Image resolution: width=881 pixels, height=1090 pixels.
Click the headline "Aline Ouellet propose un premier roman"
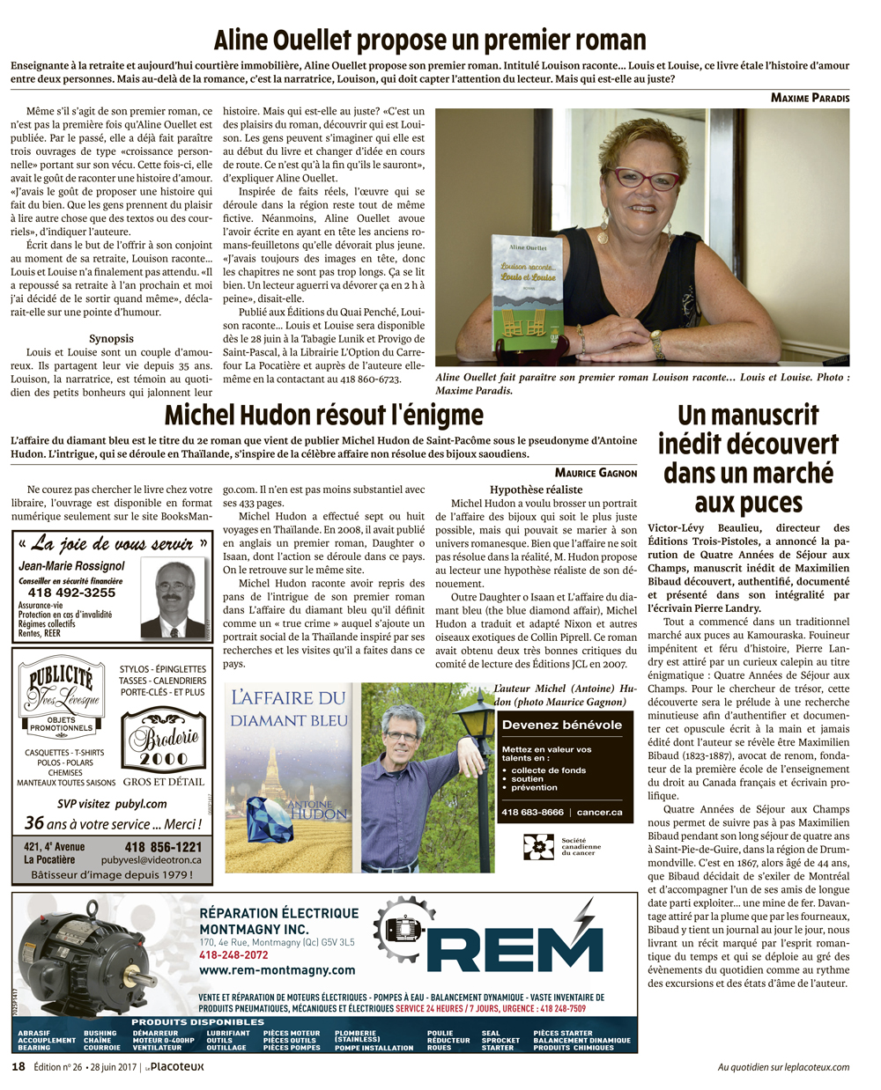point(430,40)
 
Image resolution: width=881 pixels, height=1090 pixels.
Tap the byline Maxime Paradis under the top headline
point(810,98)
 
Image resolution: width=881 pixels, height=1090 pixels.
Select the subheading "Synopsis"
point(111,338)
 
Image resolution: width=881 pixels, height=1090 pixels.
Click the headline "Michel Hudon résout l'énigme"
point(324,416)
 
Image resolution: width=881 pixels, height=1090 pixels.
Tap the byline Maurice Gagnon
point(596,473)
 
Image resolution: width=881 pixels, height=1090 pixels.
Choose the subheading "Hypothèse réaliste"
point(536,490)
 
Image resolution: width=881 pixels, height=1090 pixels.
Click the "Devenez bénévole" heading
point(561,725)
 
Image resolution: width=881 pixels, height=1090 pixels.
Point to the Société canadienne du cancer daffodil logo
point(538,846)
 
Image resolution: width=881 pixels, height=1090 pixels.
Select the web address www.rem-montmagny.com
point(277,970)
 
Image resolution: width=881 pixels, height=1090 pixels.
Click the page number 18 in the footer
point(18,1067)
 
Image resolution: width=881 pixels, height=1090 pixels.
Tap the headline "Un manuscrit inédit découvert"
point(748,459)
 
